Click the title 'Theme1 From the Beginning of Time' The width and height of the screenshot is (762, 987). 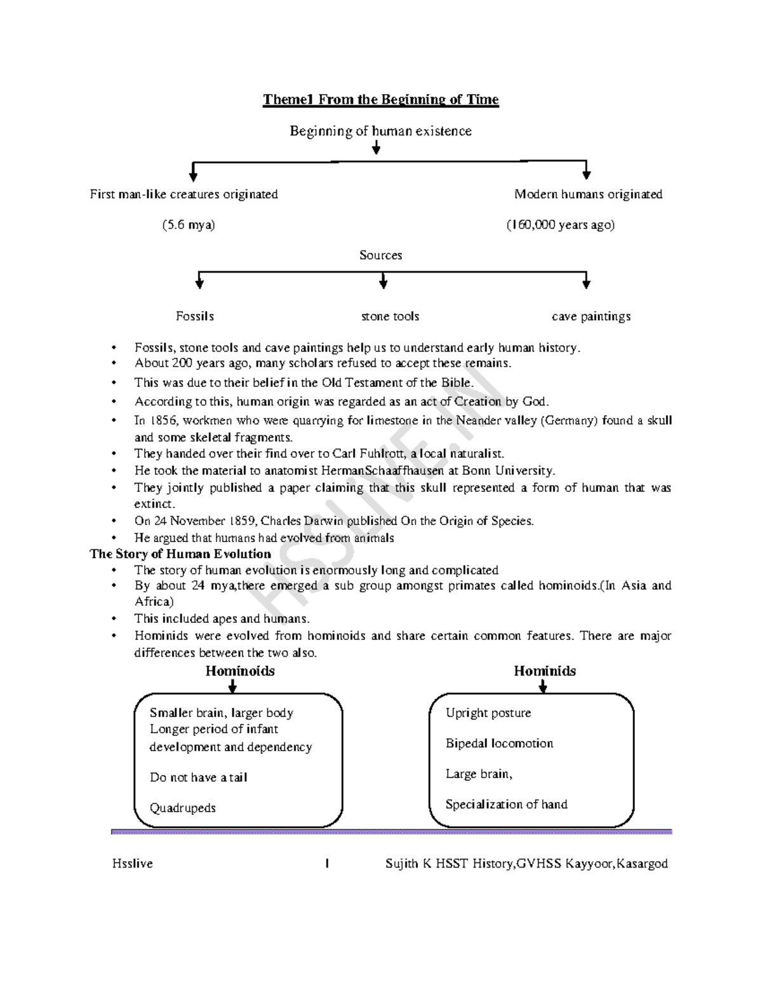381,100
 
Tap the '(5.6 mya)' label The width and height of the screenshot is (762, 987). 189,225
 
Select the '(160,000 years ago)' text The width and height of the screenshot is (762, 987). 561,225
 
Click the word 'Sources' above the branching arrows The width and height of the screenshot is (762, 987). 381,255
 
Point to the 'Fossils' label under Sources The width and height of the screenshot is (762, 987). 195,316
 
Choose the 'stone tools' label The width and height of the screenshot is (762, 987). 390,316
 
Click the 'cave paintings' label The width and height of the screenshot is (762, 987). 591,317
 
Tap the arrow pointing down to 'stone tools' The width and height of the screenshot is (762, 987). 384,281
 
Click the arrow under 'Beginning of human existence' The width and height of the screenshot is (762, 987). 376,147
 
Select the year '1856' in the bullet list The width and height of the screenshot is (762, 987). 158,421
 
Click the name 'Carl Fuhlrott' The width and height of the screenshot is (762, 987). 366,454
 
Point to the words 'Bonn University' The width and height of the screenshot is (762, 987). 508,470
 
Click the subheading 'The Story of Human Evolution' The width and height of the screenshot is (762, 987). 180,554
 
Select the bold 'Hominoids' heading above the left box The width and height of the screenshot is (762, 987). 240,671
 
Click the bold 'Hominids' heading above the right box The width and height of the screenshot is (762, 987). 545,671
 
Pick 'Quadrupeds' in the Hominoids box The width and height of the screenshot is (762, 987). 182,808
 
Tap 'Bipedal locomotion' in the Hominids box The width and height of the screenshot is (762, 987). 499,744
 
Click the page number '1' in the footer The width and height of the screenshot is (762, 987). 327,864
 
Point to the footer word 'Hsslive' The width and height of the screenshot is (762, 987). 133,864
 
